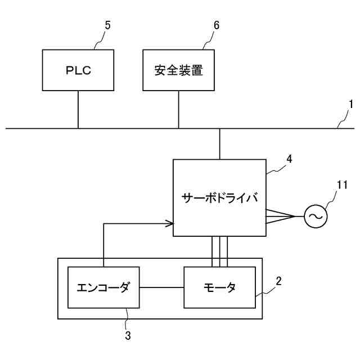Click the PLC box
[78, 70]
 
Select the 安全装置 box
[178, 70]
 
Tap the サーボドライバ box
[219, 198]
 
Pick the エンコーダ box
[103, 287]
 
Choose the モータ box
[219, 287]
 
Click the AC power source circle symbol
[316, 215]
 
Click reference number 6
[216, 25]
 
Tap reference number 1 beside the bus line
[350, 104]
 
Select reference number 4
[289, 159]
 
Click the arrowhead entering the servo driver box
[169, 224]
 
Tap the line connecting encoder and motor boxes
[161, 287]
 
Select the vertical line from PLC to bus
[78, 109]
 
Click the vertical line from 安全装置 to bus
[178, 109]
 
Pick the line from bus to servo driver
[219, 143]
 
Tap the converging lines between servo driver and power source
[281, 215]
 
